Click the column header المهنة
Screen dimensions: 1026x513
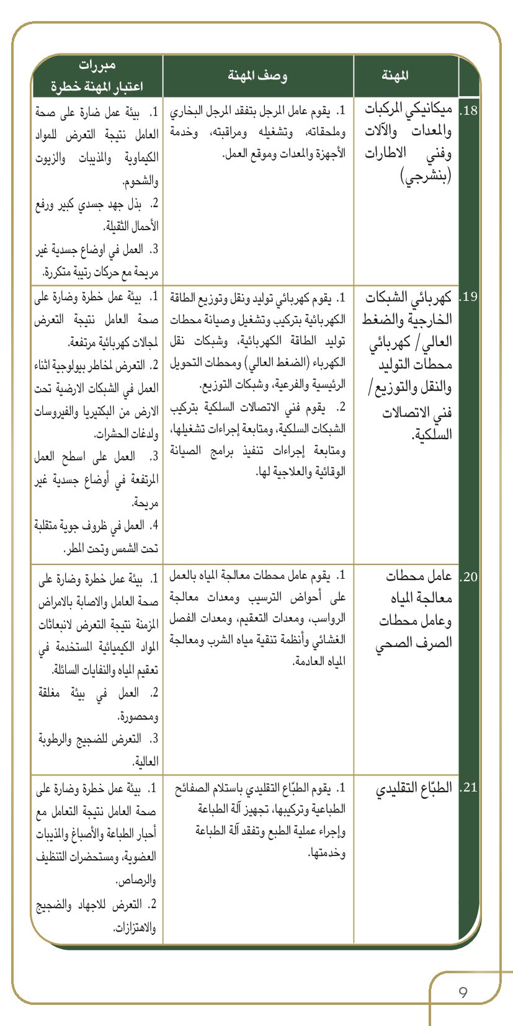[395, 76]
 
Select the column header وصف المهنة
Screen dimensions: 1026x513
[257, 76]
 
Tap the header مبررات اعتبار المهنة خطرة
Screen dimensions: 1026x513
[97, 76]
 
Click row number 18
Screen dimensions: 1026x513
[469, 111]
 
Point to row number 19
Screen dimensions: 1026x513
[469, 296]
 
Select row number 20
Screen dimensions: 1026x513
[469, 577]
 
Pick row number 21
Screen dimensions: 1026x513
[469, 788]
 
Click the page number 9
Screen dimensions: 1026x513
[463, 992]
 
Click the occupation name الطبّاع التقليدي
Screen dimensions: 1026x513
[414, 788]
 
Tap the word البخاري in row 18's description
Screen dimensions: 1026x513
[185, 112]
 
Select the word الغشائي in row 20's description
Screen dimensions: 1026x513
[328, 640]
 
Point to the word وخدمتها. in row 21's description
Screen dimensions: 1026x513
[326, 853]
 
